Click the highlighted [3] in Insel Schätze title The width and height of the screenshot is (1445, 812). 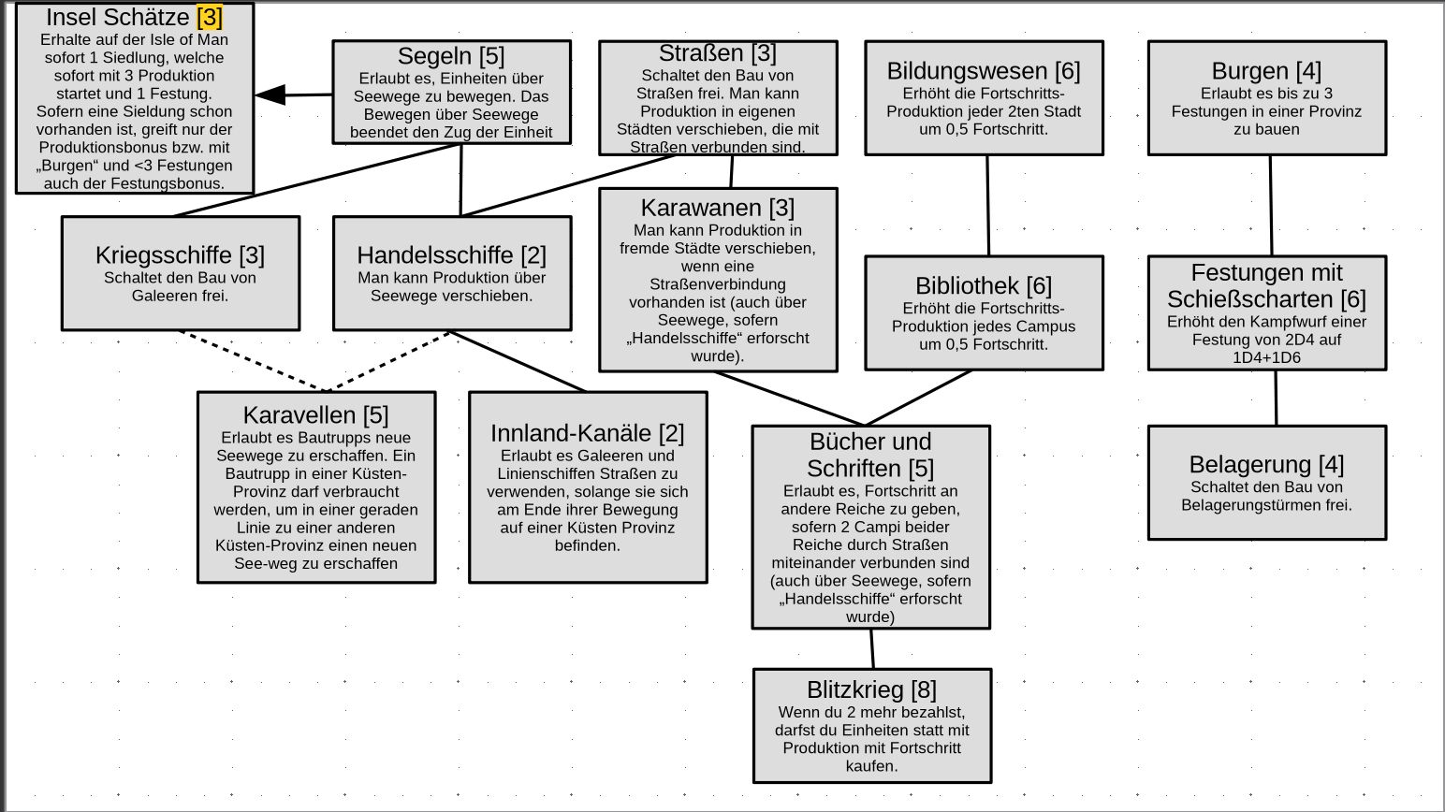210,18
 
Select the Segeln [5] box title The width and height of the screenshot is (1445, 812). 451,56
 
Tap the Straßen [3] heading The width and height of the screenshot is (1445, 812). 717,53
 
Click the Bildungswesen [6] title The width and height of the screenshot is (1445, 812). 984,71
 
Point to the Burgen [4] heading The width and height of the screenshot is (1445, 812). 1266,71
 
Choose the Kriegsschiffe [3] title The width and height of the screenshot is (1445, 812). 180,255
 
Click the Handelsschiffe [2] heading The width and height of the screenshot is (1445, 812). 451,255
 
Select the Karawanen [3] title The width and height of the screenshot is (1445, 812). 717,208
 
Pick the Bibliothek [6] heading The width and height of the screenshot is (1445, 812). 984,286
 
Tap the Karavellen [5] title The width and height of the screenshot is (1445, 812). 315,415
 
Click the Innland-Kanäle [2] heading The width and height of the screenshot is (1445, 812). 587,434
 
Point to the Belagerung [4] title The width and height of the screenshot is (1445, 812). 1266,465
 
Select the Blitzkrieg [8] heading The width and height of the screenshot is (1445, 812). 871,690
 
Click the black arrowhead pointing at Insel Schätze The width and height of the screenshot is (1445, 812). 270,94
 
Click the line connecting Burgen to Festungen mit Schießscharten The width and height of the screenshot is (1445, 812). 1271,206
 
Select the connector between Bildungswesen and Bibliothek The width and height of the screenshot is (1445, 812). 988,206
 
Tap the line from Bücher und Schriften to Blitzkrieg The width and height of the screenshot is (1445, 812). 872,648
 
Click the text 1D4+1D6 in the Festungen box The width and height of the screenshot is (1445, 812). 1266,357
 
